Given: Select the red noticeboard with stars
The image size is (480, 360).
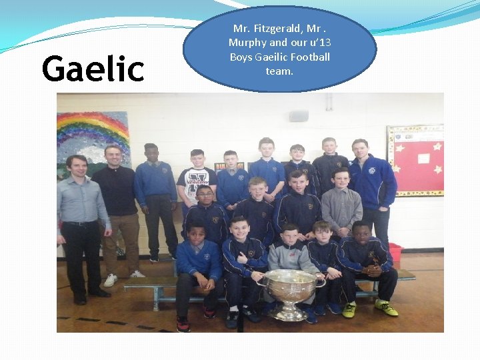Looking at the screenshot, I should point(415,160).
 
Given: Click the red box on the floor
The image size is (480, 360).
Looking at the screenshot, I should point(395,253).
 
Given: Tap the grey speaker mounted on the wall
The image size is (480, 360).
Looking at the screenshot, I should point(298,116).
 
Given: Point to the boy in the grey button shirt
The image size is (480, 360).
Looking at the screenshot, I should point(342,205).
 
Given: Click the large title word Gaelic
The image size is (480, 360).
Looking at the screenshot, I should point(93,69).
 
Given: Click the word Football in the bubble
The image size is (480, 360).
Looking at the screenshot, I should point(306,57).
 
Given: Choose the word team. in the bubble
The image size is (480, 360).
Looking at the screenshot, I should point(279,71).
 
